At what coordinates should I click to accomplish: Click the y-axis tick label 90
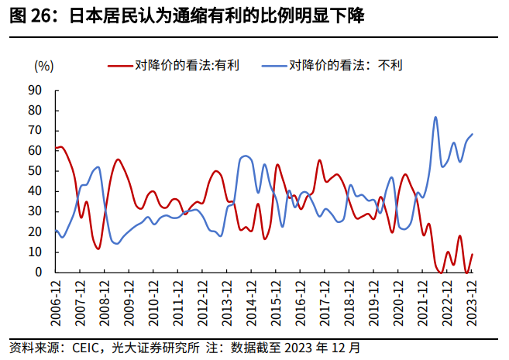click(x=35, y=90)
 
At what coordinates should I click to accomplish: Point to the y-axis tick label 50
click(x=35, y=170)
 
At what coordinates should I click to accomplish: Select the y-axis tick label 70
click(x=35, y=130)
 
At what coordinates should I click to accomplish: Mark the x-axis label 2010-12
click(x=153, y=297)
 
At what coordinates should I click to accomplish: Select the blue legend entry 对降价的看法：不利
click(x=346, y=65)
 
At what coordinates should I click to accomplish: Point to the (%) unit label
click(x=43, y=65)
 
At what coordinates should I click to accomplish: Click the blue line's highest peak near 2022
click(x=435, y=117)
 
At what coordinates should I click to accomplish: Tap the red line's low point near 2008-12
click(x=98, y=249)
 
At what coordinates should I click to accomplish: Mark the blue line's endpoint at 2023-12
click(x=473, y=134)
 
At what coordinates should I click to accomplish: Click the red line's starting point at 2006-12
click(x=56, y=148)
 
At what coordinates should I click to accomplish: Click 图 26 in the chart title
click(x=28, y=15)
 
